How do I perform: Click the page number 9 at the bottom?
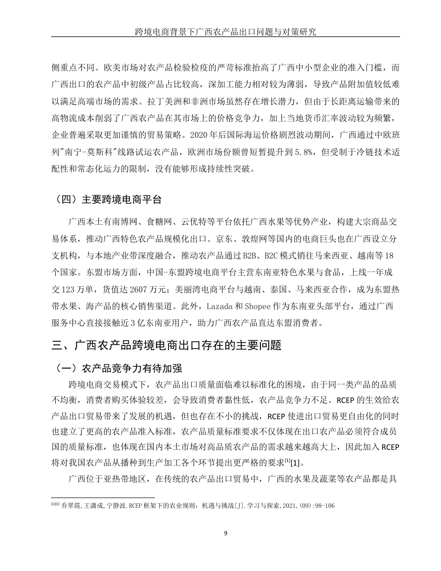click(x=226, y=532)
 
